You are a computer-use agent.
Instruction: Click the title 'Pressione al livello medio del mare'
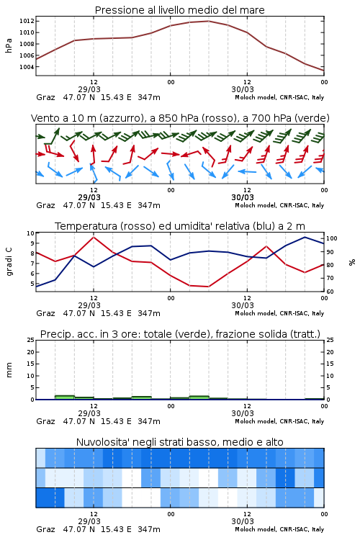[x=179, y=10]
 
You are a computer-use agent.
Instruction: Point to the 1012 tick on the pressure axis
[x=27, y=21]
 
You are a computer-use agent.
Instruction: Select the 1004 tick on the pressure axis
[x=27, y=67]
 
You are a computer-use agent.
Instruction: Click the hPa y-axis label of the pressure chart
[x=9, y=45]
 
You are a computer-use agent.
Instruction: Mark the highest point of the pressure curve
[x=209, y=21]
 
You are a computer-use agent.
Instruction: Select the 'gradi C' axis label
[x=9, y=262]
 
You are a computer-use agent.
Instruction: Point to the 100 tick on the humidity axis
[x=332, y=238]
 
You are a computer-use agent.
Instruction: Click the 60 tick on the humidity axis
[x=330, y=292]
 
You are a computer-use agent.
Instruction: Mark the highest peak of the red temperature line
[x=94, y=237]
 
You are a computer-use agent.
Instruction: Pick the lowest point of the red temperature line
[x=208, y=287]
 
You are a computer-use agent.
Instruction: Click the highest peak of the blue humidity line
[x=305, y=237]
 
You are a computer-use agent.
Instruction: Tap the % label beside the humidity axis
[x=352, y=262]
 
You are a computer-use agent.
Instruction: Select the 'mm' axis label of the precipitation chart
[x=9, y=370]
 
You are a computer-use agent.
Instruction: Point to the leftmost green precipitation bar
[x=65, y=397]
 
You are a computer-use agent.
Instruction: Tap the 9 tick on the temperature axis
[x=32, y=243]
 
